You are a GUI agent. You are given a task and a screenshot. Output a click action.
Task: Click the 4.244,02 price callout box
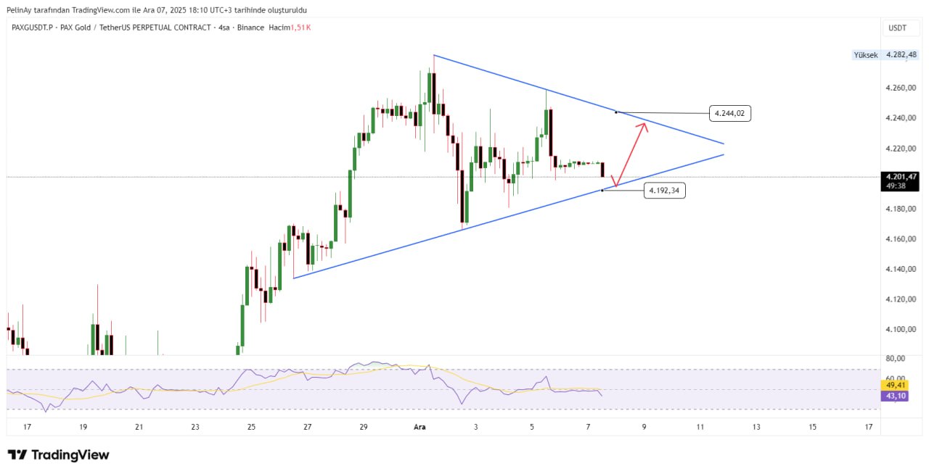(729, 113)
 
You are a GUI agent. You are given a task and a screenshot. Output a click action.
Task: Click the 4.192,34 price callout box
(664, 191)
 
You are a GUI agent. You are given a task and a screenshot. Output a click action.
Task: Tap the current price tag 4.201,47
(901, 176)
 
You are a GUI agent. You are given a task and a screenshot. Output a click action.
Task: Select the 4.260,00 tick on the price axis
(901, 88)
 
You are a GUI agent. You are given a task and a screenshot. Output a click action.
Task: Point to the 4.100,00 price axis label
(901, 329)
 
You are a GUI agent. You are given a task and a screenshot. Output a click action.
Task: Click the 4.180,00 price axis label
(901, 209)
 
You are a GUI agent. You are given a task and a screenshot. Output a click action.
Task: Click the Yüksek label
(865, 55)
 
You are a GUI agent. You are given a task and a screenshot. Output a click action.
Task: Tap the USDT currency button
(897, 28)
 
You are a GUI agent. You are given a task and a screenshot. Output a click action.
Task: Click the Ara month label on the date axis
(420, 428)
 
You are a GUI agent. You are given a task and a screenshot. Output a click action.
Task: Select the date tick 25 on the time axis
(251, 428)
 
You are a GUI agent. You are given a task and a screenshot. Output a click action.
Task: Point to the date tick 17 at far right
(869, 428)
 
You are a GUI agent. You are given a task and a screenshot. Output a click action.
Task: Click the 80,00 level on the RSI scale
(895, 358)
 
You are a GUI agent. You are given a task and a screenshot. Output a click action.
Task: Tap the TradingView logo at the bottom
(59, 455)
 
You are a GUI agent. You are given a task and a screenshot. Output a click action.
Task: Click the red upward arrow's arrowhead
(644, 125)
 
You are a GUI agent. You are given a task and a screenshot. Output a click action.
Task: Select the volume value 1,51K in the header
(300, 28)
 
